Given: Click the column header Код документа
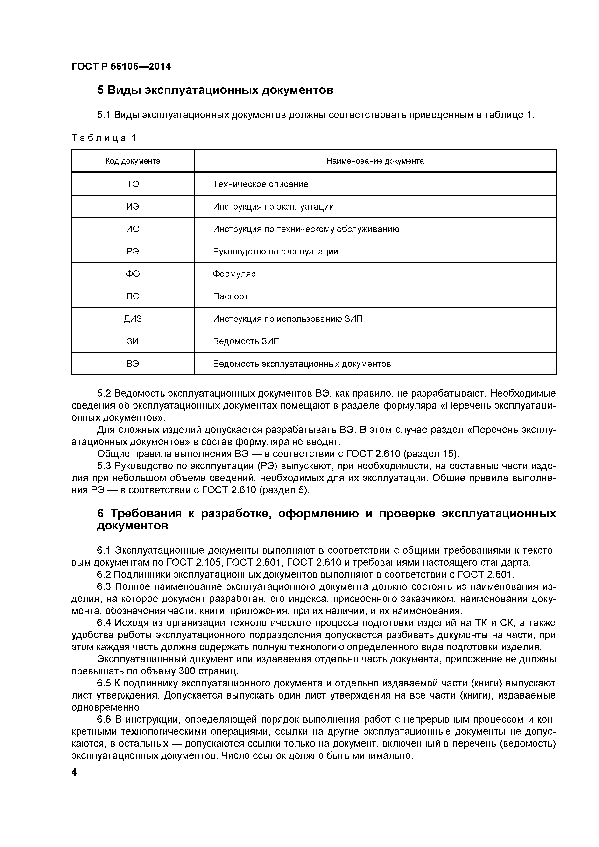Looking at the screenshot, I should (133, 161).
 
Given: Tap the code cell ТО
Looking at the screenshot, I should (133, 184).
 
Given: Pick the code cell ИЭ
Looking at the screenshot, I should (133, 207).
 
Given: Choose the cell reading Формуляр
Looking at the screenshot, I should (234, 274).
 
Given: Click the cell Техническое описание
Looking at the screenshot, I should (261, 184).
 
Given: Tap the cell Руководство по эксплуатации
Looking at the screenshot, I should (275, 252).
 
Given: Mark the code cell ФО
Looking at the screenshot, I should (133, 274).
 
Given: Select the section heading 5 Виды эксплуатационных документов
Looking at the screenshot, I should (215, 90).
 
